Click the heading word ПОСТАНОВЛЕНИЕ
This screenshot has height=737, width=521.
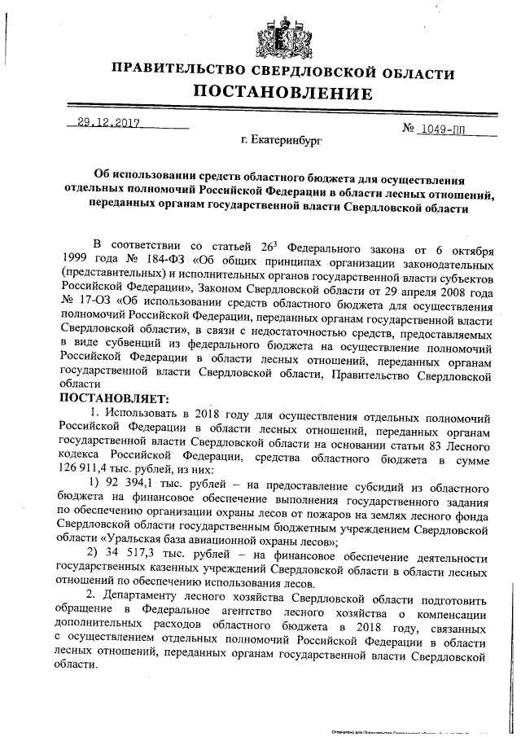coord(282,92)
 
